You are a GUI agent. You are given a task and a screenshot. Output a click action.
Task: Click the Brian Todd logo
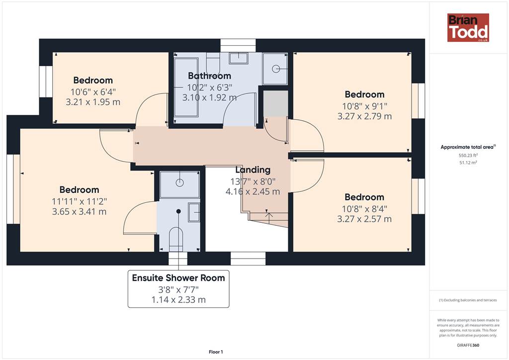(x=468, y=27)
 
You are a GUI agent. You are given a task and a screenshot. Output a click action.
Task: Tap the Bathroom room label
(x=210, y=76)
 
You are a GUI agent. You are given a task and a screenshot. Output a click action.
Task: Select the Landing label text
(x=253, y=170)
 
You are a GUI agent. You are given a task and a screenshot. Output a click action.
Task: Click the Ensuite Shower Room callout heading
(x=178, y=278)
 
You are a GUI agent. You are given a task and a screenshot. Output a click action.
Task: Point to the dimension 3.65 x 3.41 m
(x=79, y=212)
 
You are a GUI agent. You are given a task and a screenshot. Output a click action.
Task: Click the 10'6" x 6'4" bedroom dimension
(x=93, y=92)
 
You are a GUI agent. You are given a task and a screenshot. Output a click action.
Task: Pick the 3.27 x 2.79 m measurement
(x=364, y=116)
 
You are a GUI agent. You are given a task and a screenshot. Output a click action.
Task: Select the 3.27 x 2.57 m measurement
(x=364, y=219)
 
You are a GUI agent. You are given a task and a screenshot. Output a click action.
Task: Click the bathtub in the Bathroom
(x=186, y=87)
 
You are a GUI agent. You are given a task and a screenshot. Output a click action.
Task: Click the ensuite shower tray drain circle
(x=179, y=183)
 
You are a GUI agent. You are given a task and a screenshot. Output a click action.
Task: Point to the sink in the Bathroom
(x=239, y=58)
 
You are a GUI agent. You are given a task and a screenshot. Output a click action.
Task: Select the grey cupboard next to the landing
(x=275, y=103)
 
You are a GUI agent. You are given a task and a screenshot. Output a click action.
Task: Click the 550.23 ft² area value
(x=468, y=156)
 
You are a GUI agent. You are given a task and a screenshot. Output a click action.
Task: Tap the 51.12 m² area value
(x=468, y=163)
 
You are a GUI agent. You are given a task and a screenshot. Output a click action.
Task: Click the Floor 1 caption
(x=216, y=352)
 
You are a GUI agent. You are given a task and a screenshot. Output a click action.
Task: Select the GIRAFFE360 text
(x=468, y=345)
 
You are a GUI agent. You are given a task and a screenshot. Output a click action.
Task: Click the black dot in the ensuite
(x=178, y=211)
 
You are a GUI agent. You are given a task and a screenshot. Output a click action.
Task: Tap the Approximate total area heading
(x=468, y=147)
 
